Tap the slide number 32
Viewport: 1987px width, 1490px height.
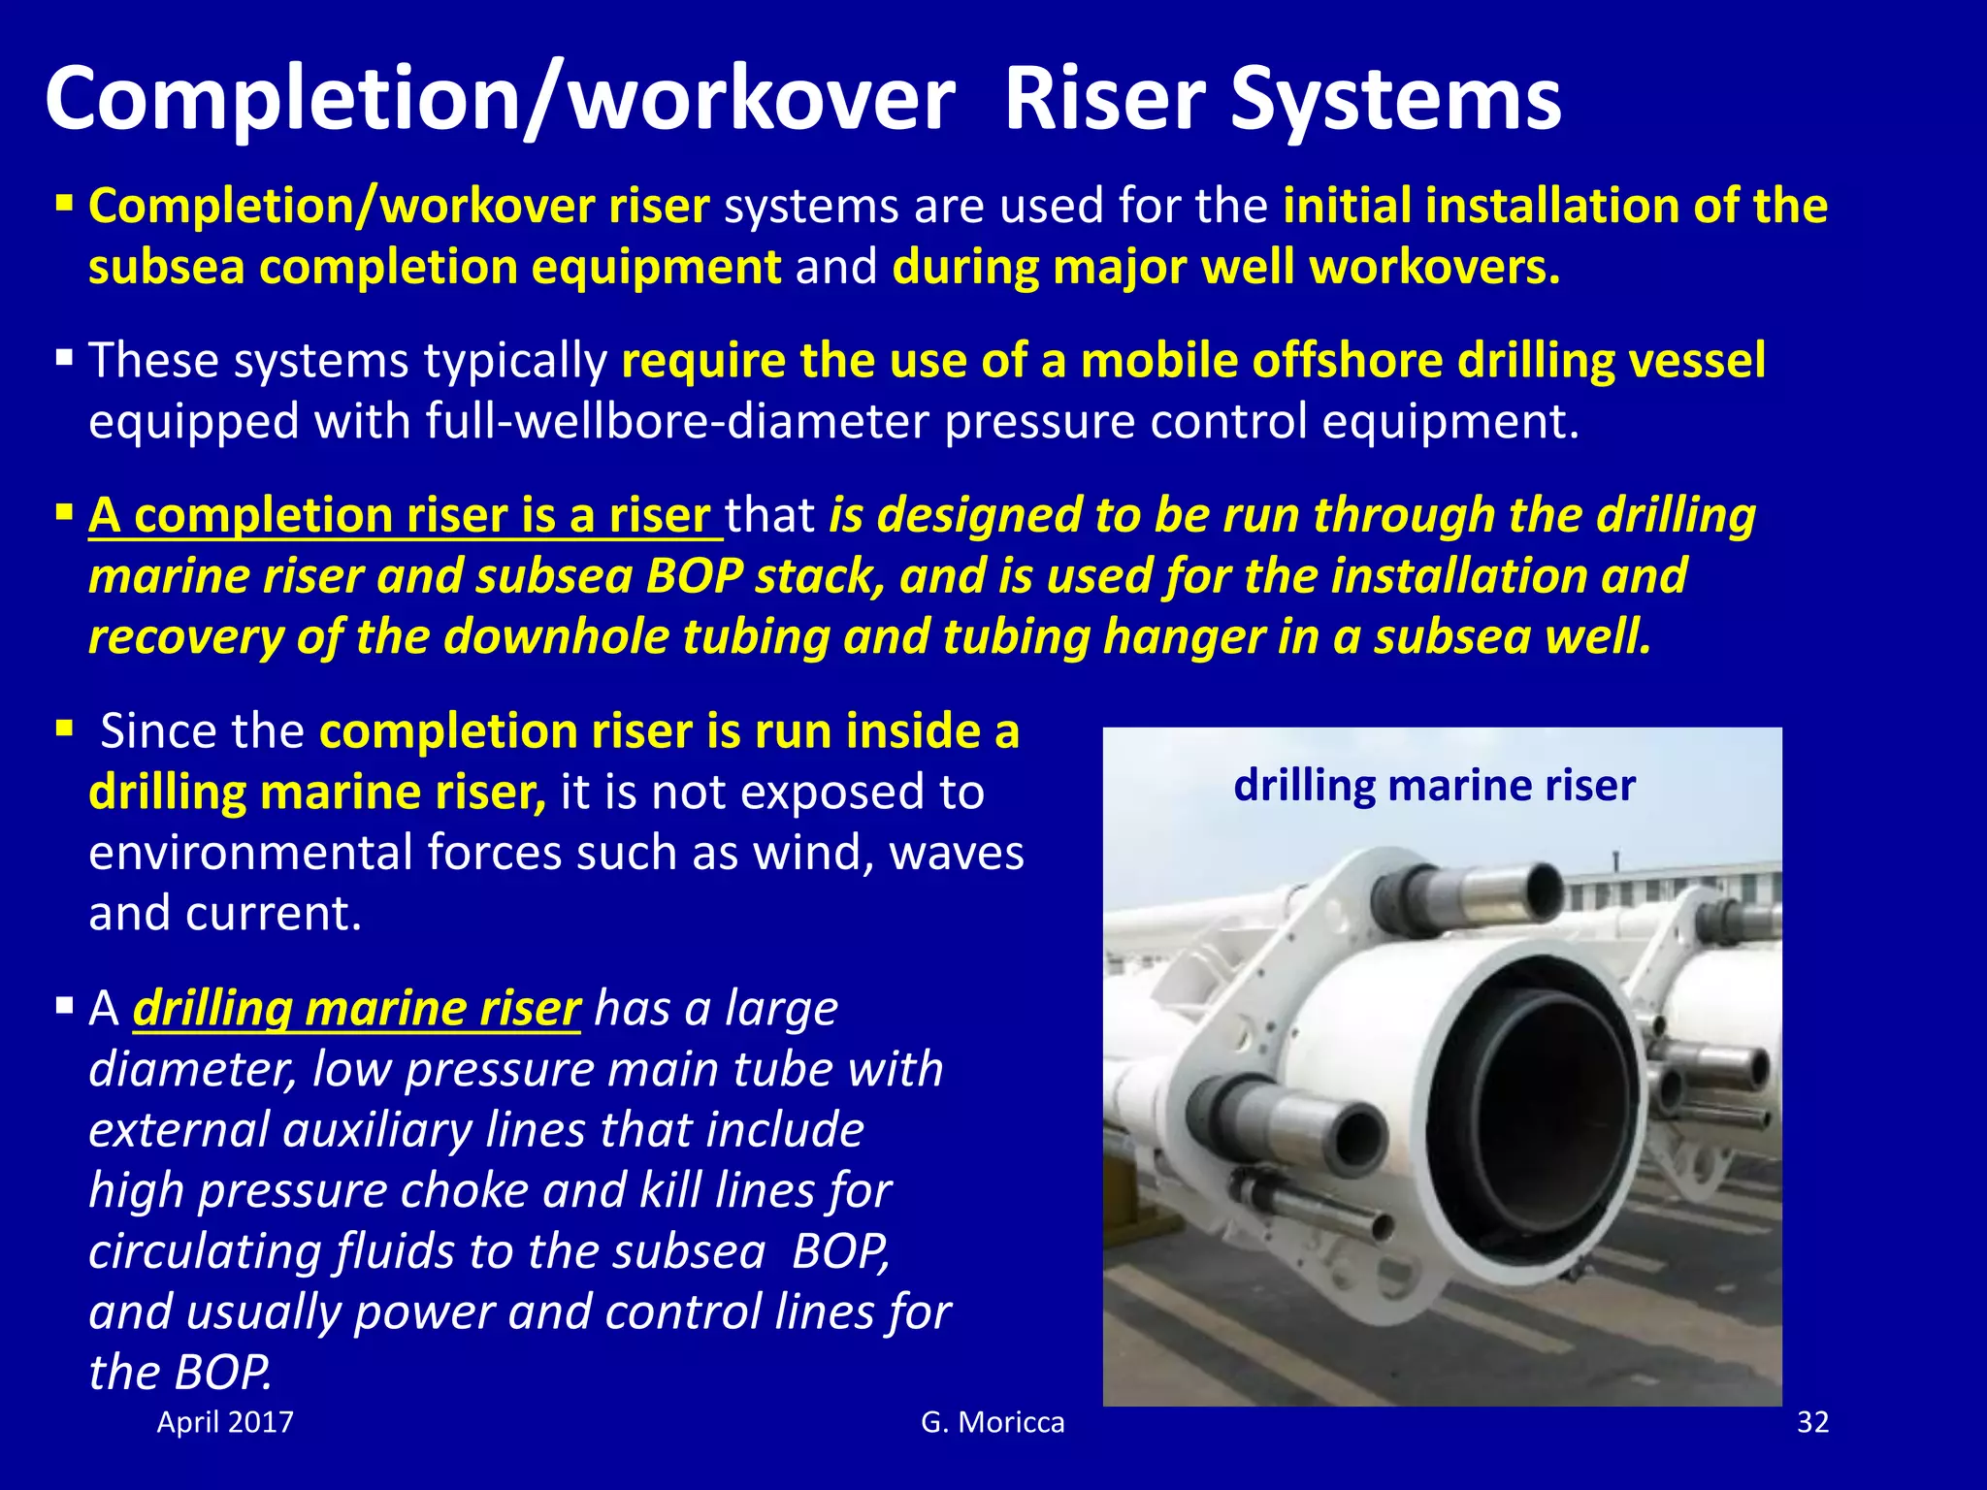click(x=1812, y=1422)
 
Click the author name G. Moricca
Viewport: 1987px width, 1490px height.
click(x=993, y=1422)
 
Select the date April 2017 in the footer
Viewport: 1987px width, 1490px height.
click(x=225, y=1422)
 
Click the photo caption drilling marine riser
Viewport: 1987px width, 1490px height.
click(x=1434, y=785)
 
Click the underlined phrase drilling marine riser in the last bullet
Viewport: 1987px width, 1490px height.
click(x=357, y=1009)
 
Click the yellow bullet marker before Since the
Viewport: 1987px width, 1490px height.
click(x=65, y=728)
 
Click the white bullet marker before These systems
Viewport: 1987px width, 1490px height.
click(x=65, y=359)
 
